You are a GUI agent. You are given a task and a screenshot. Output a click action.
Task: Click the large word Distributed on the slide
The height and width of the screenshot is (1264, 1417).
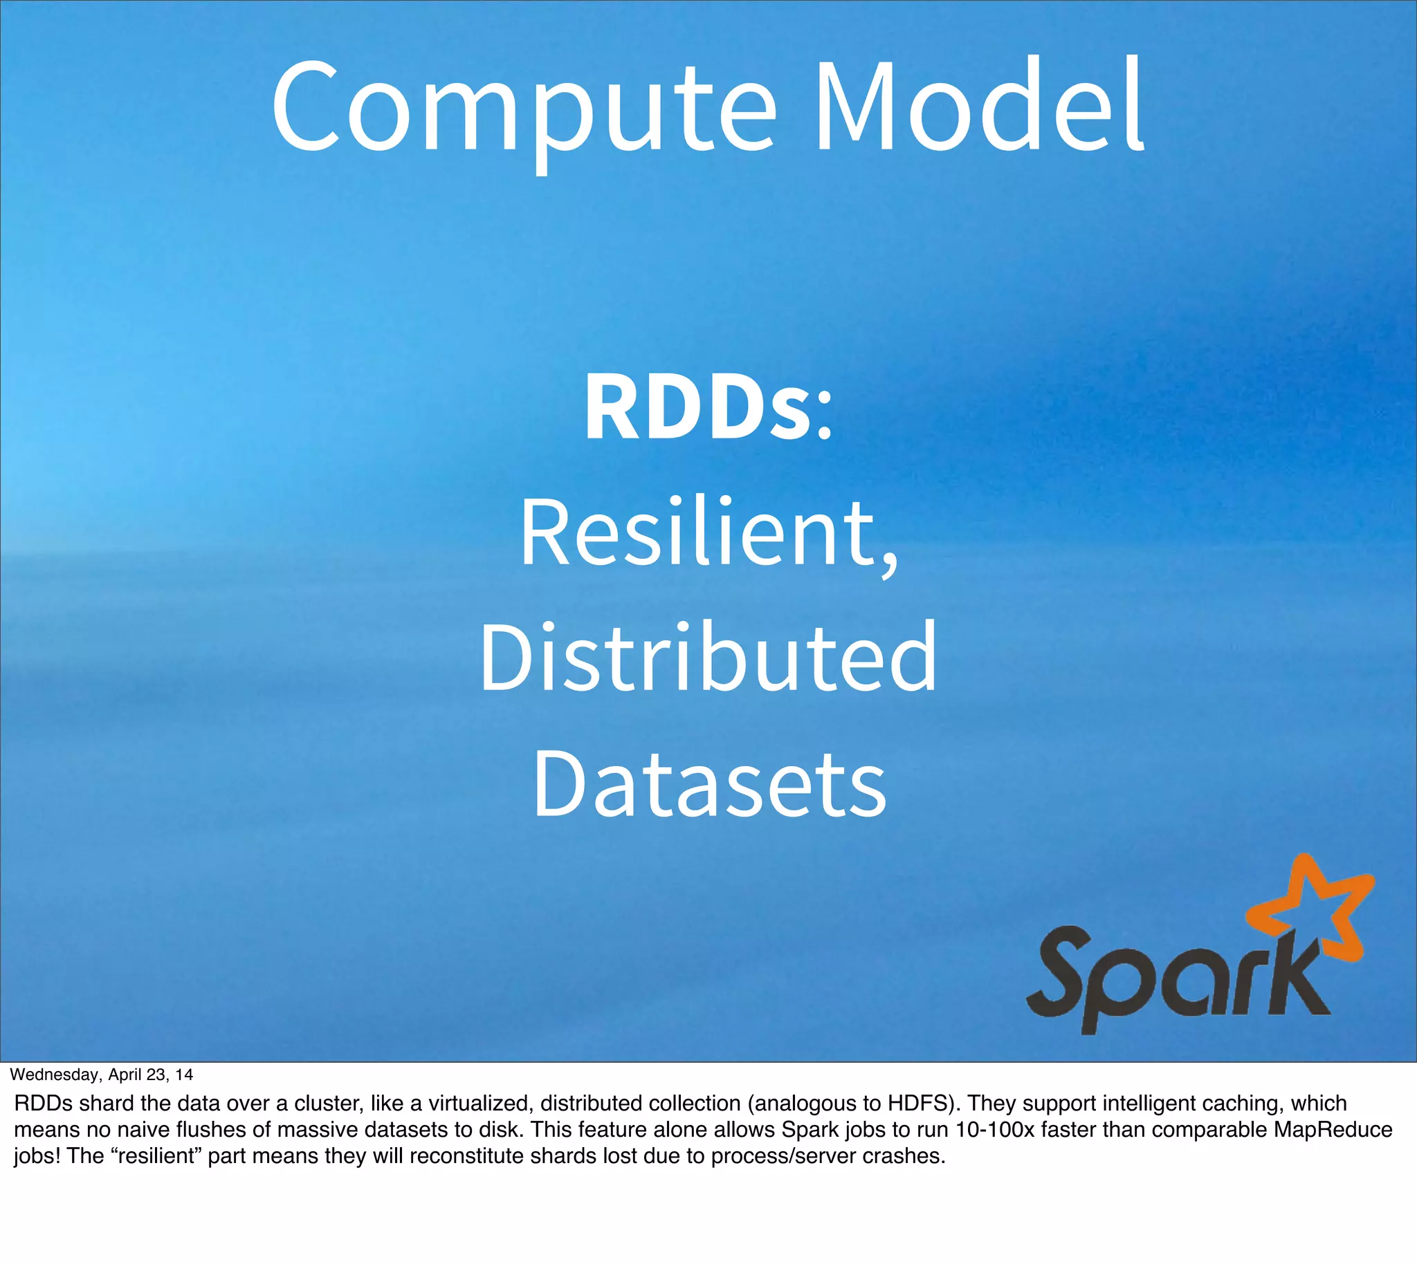coord(708,657)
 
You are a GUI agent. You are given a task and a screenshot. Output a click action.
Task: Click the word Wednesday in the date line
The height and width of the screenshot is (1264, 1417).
coord(55,1075)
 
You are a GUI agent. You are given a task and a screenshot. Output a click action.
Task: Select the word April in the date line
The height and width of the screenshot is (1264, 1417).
coord(125,1075)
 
